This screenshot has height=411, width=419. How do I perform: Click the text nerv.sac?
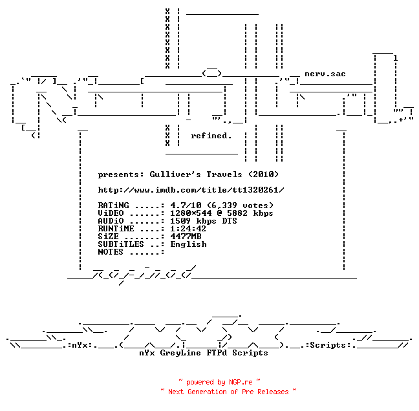[325, 74]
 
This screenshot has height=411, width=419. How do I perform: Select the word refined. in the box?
[211, 136]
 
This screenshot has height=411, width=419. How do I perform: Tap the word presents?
[121, 175]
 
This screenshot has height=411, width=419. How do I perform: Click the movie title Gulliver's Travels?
[196, 174]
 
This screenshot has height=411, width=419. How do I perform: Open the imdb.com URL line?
[191, 190]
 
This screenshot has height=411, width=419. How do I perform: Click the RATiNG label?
[113, 205]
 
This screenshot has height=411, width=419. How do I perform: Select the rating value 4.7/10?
[186, 205]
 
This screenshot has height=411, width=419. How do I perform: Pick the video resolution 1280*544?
[191, 213]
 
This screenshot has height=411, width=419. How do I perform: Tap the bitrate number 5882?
[237, 213]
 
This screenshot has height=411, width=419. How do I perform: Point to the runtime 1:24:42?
[188, 229]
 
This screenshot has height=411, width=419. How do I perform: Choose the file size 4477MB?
[186, 237]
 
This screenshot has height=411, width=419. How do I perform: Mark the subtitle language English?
[188, 244]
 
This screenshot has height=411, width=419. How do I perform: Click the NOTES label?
[111, 252]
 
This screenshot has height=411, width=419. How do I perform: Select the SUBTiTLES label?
[121, 244]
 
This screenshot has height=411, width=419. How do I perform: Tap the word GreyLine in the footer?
[180, 353]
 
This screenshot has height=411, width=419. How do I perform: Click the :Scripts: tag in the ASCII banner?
[328, 345]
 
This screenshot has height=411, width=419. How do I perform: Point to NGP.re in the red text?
[241, 382]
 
